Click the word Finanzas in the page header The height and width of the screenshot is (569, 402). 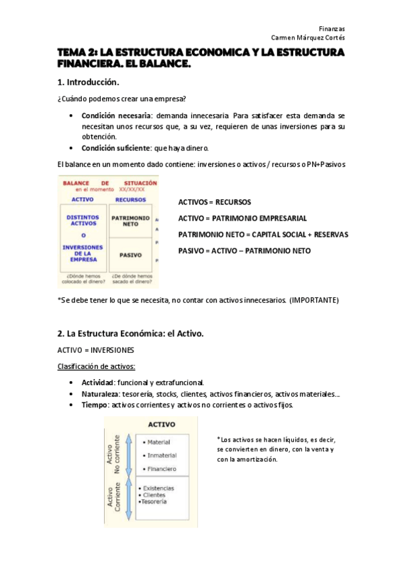332,29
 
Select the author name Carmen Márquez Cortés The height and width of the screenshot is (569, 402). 307,38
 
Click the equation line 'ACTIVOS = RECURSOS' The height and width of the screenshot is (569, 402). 214,202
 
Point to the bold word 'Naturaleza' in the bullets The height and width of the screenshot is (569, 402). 100,394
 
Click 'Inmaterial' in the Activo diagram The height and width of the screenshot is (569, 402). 162,455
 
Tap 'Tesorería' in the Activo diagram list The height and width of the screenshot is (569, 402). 154,501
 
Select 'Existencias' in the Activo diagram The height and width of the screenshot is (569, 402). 157,488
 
